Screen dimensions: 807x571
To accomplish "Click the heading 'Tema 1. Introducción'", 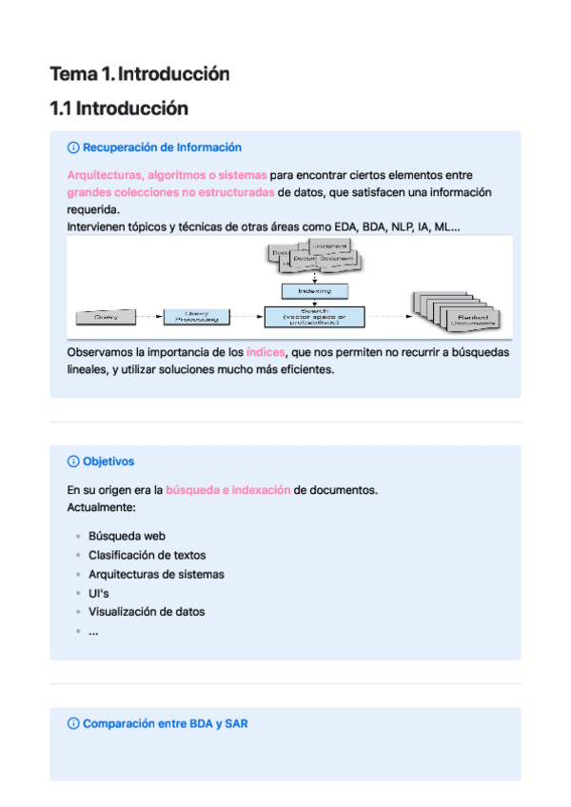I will (x=140, y=73).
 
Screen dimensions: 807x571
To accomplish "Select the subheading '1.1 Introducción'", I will (x=119, y=108).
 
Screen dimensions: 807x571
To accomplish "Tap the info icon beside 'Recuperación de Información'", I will (x=73, y=148).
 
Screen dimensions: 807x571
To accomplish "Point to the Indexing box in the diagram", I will (x=314, y=290).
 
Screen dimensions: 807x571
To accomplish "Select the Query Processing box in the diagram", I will (x=197, y=315).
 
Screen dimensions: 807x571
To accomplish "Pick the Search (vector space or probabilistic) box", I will (x=314, y=316).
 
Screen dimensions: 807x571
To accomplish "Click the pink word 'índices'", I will (x=266, y=352).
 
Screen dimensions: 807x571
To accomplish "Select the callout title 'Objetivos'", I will (x=108, y=462).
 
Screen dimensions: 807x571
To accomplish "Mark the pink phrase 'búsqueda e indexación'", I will (x=228, y=490).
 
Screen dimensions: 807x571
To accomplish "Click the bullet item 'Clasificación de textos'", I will (x=147, y=555).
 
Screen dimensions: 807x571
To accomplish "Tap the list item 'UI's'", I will (x=99, y=593).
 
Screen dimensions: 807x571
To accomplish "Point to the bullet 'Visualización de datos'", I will (x=147, y=612).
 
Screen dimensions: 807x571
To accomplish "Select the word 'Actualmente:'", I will (x=102, y=507).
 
